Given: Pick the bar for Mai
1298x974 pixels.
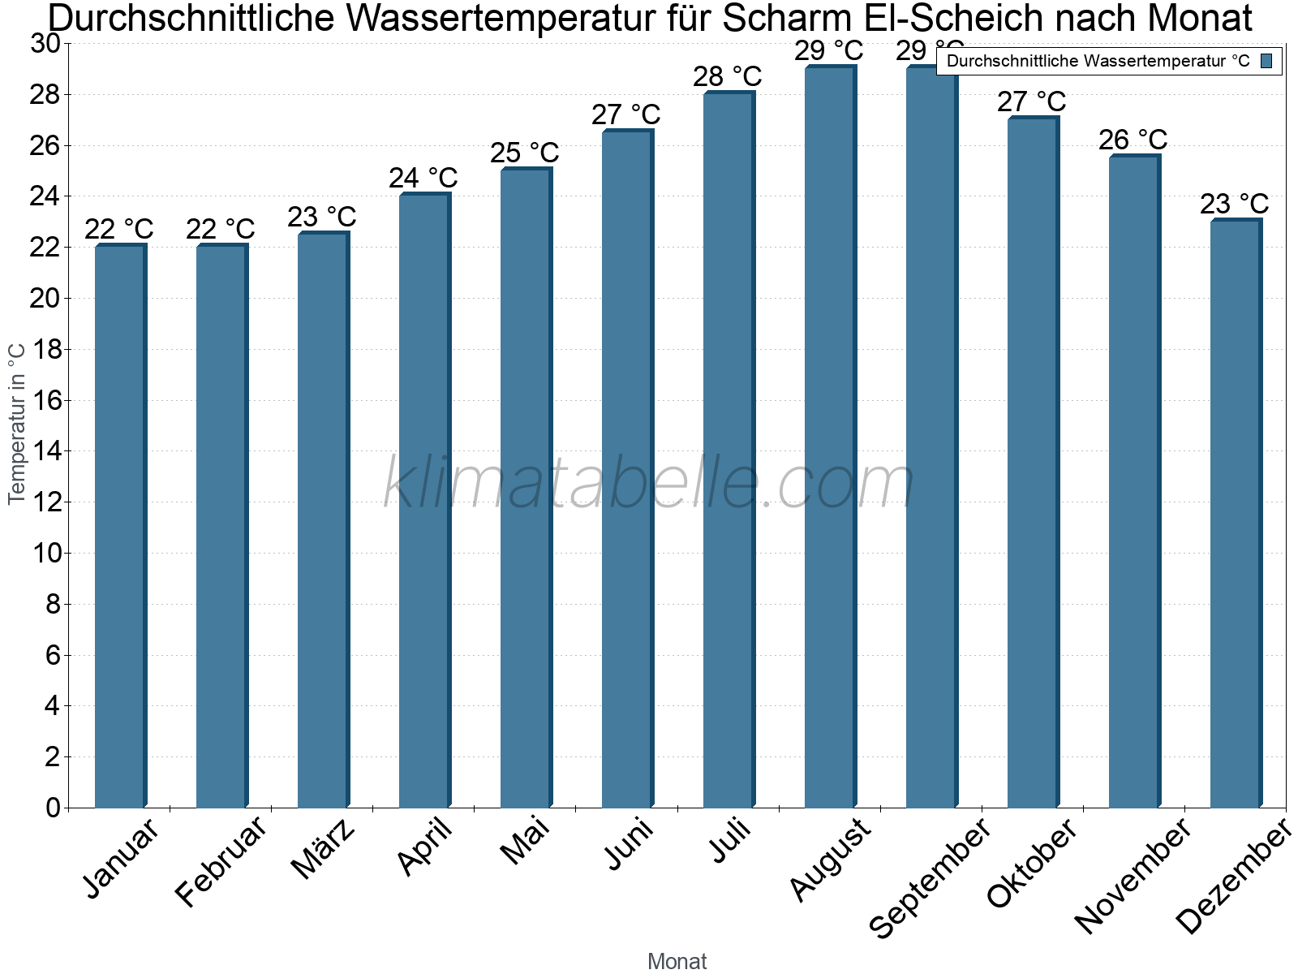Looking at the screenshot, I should coord(526,487).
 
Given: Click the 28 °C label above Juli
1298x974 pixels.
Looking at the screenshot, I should coord(728,77).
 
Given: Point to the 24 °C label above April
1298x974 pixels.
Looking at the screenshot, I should coord(423,179).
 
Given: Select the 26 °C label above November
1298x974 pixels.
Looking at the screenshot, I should coord(1133,140).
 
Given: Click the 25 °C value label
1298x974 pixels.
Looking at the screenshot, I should coord(525,153).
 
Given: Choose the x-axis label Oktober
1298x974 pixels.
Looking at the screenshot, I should coord(1032,864).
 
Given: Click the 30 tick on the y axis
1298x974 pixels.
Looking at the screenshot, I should coord(45,44).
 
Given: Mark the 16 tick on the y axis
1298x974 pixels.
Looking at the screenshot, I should coord(45,401).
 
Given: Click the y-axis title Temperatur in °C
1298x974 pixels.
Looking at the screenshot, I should coord(17,423).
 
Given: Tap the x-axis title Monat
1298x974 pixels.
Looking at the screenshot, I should coord(677,962).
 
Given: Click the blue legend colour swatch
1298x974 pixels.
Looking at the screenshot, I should coord(1266,61).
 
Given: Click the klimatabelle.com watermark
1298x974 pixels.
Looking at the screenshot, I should coord(649,483).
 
